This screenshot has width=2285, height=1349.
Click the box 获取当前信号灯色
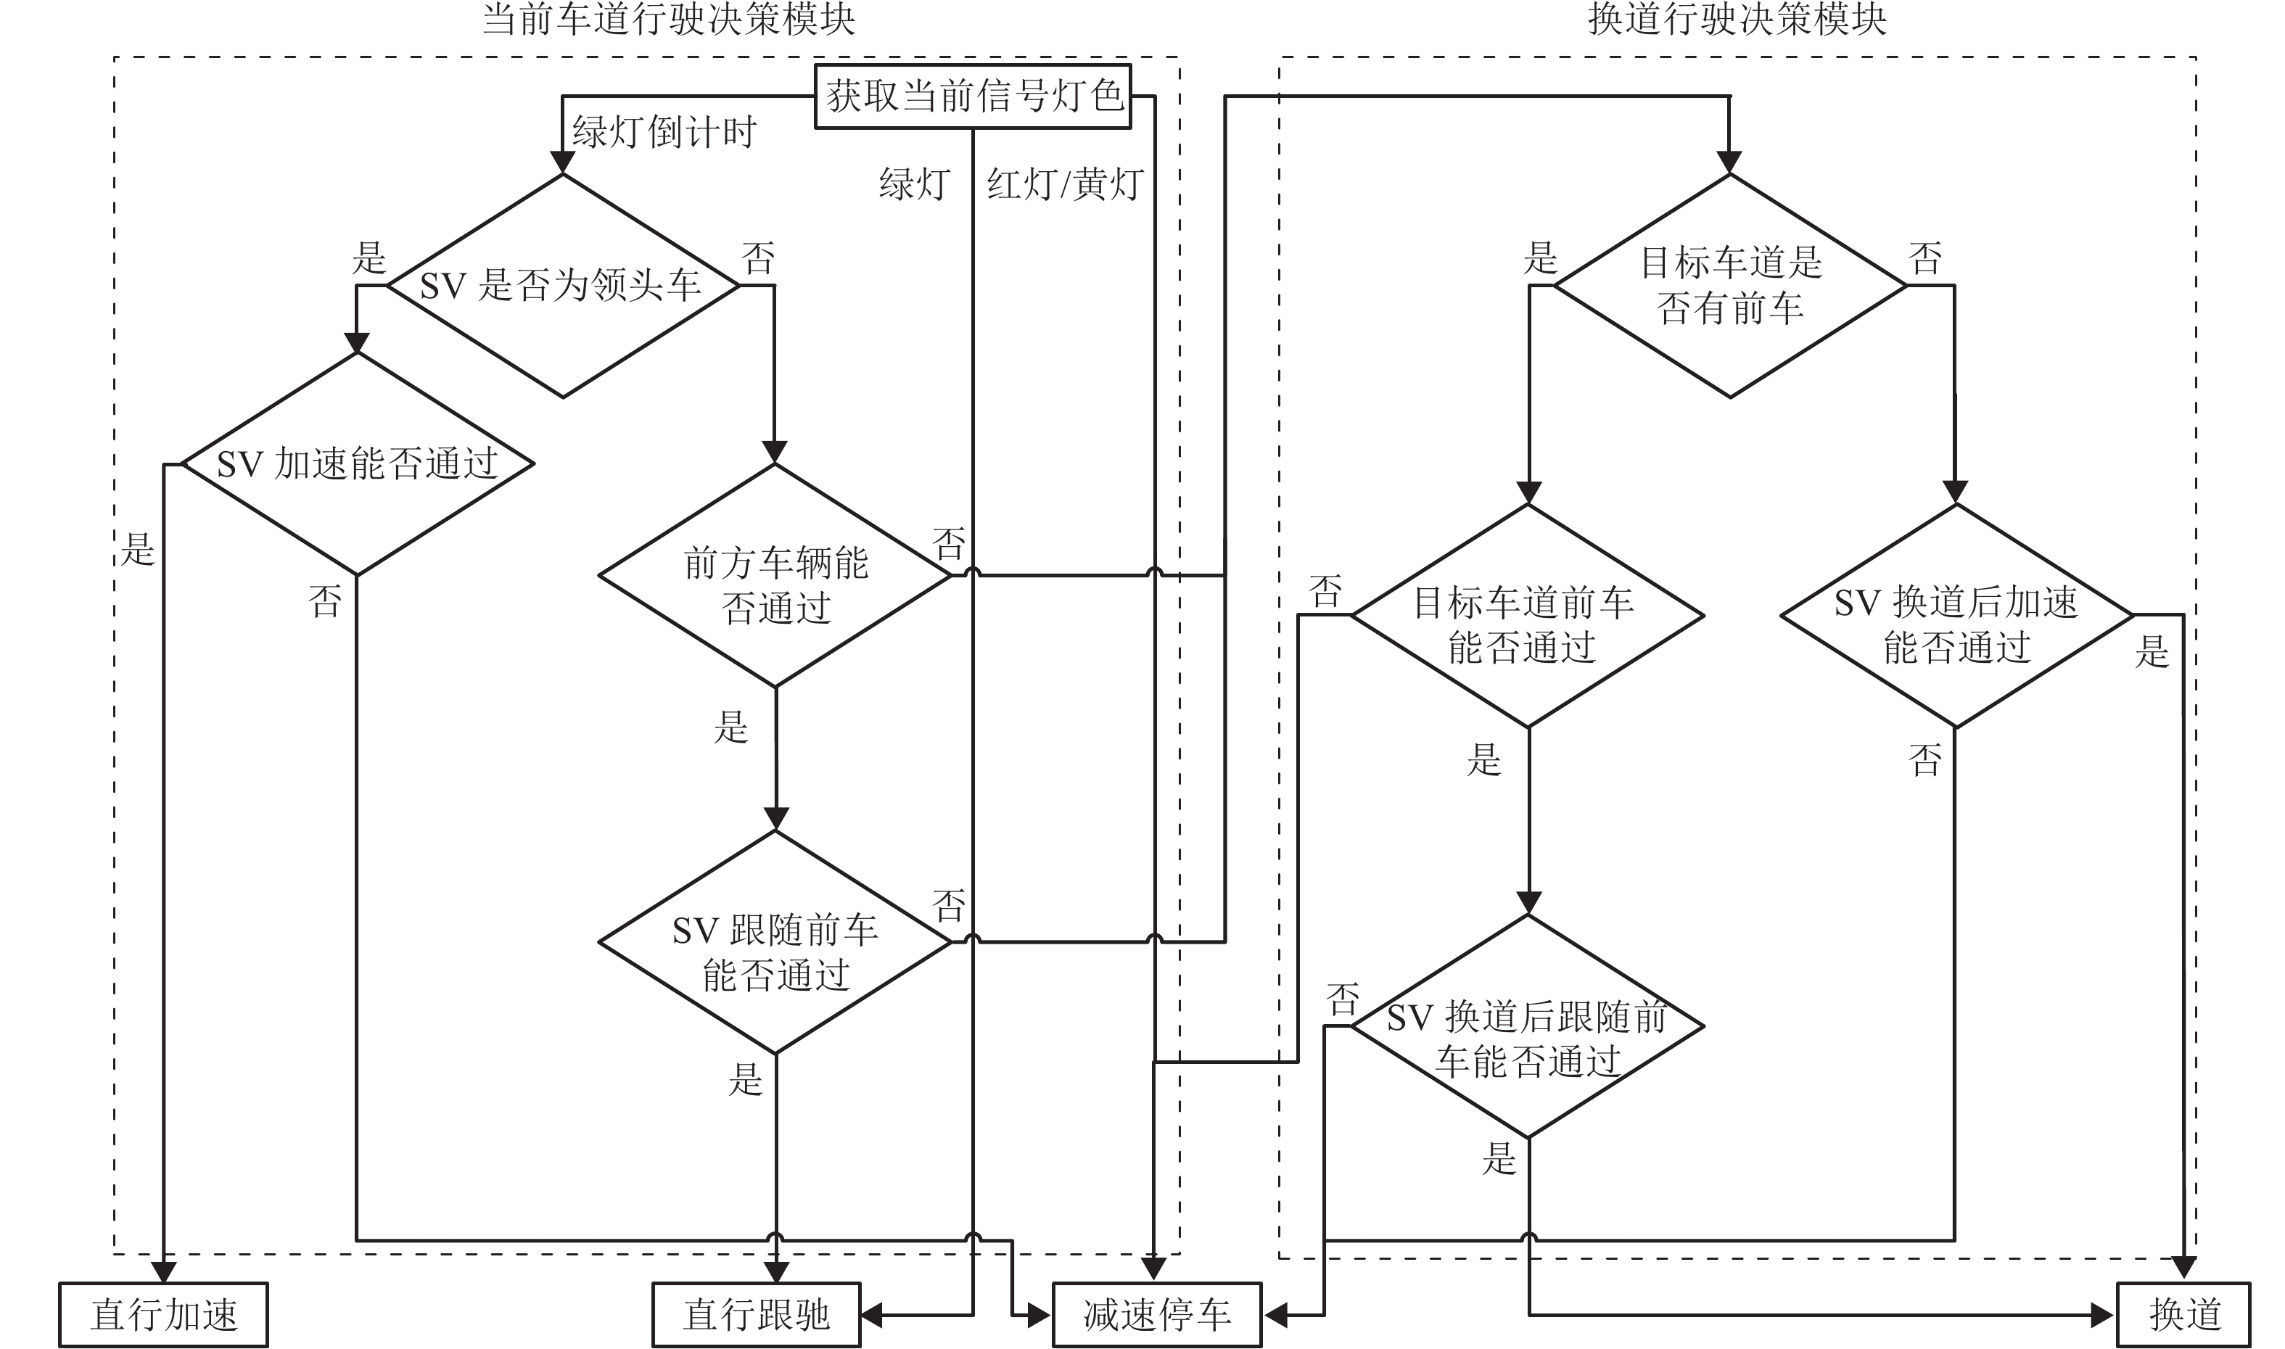pos(973,96)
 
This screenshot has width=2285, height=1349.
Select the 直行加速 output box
pos(164,1314)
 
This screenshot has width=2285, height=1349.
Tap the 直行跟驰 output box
pos(756,1314)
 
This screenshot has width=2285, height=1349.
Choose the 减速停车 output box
pos(1156,1314)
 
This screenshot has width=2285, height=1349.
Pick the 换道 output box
pos(2184,1314)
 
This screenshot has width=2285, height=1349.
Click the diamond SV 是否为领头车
pos(563,286)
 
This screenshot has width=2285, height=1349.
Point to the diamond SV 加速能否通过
pos(357,463)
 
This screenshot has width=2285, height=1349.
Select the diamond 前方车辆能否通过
pos(775,575)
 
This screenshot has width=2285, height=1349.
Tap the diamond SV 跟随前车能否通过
pos(775,941)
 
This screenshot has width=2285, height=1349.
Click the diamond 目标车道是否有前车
pos(1729,286)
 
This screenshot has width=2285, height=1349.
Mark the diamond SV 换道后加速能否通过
pos(1956,616)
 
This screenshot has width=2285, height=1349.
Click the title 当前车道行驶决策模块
pos(668,19)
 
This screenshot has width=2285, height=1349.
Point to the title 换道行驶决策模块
pos(1737,19)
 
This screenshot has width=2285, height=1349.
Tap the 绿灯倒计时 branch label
pos(664,133)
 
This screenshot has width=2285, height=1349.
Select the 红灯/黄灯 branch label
pos(1065,184)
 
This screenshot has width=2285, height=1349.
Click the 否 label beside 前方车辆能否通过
pos(949,545)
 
